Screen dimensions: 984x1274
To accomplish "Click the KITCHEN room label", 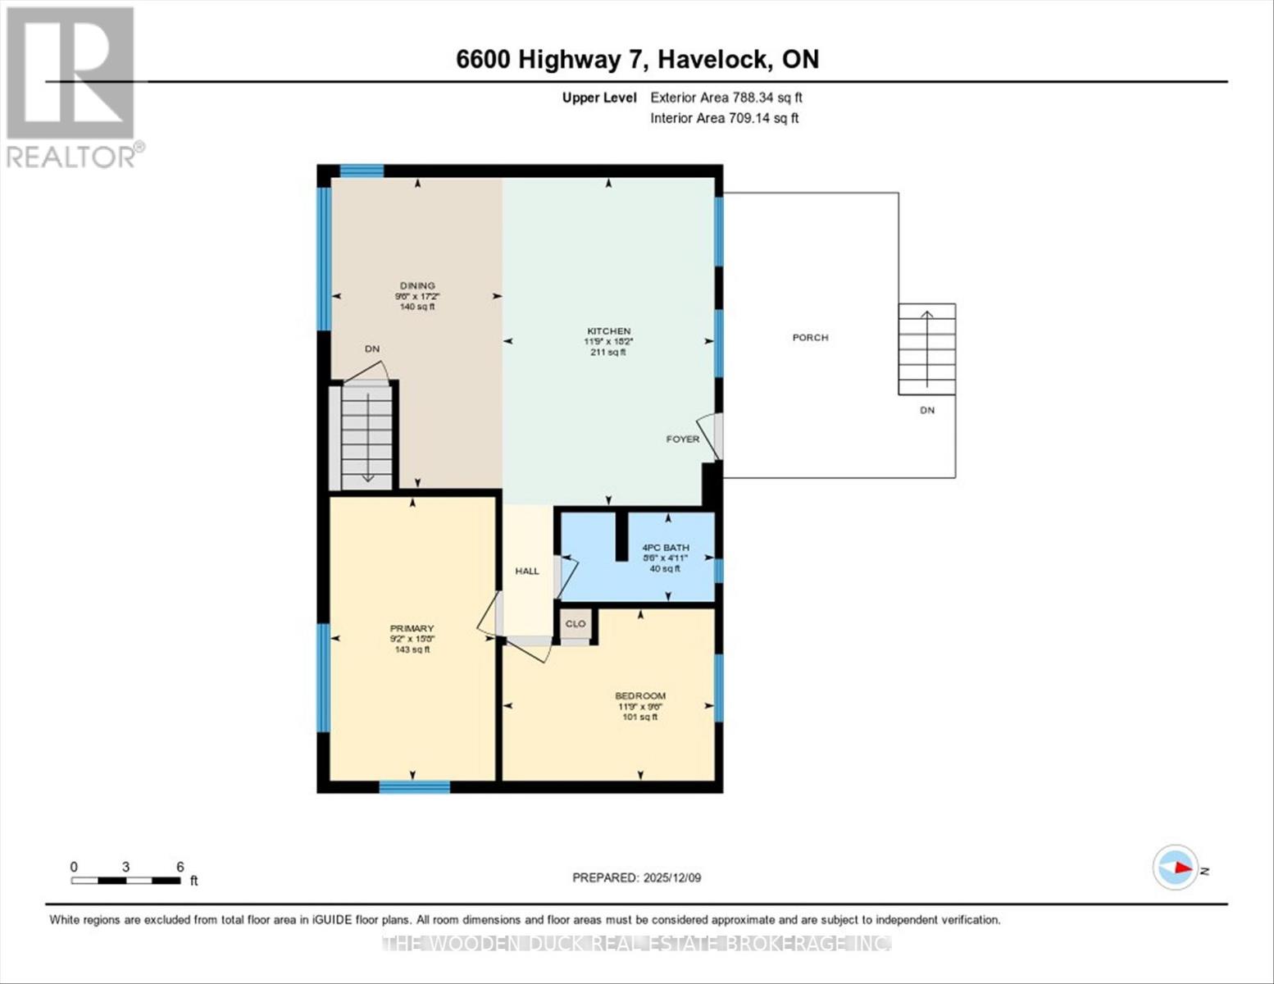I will [608, 331].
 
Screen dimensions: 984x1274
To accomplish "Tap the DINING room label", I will [417, 286].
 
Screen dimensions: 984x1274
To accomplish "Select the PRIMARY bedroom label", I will [412, 629].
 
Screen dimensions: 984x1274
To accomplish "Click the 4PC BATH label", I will [665, 548].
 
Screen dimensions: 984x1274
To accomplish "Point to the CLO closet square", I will [576, 624].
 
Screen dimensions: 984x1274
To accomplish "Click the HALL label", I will [527, 571].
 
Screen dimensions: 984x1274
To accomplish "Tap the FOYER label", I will [682, 439].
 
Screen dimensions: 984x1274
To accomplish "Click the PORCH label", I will [810, 337].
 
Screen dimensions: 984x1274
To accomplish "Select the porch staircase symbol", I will [926, 349].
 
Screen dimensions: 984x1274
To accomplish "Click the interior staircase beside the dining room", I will [366, 437].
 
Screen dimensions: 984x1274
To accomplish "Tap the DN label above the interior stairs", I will [372, 348].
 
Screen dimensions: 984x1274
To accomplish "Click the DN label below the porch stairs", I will [926, 410].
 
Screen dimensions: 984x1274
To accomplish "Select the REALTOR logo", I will [71, 86].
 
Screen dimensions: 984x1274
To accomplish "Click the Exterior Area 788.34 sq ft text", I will [726, 98].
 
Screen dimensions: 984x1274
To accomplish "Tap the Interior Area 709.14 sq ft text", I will [724, 118].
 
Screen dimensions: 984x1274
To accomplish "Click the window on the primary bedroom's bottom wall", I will [414, 787].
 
